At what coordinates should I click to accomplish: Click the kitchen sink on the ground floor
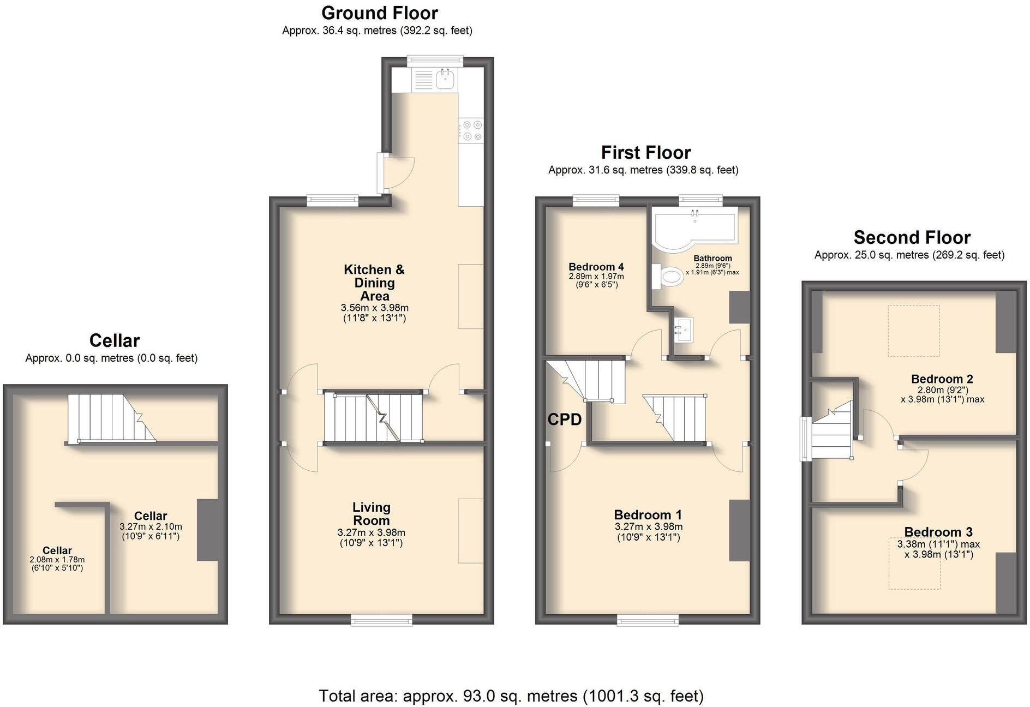445,80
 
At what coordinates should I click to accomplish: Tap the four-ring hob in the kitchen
471,130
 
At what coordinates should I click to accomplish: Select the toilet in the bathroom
668,277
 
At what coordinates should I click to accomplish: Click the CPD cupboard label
564,420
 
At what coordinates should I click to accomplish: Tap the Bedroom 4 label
596,267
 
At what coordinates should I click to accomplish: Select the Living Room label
371,513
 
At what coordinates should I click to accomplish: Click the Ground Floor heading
379,13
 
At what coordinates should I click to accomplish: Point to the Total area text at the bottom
511,696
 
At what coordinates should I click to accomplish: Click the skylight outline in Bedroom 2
914,331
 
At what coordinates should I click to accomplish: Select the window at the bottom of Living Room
381,619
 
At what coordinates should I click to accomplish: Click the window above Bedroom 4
596,201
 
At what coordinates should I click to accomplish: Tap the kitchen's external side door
381,173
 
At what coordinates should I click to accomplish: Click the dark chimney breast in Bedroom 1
739,530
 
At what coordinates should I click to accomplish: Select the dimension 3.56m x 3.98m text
374,308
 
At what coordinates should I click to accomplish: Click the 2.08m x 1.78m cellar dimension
57,560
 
